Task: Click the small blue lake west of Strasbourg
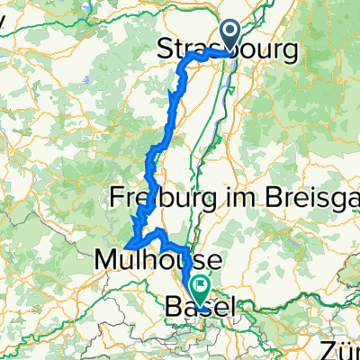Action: [85, 81]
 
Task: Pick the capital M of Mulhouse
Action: [103, 261]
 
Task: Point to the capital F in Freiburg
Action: [114, 195]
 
